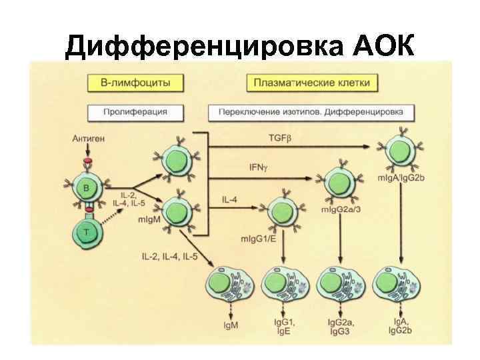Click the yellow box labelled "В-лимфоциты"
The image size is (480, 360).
click(x=135, y=83)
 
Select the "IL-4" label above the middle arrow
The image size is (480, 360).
click(x=229, y=199)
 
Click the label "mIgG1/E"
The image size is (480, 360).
click(x=254, y=238)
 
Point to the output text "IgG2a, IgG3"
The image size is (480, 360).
click(x=341, y=326)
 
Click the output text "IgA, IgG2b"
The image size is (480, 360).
click(x=400, y=326)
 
